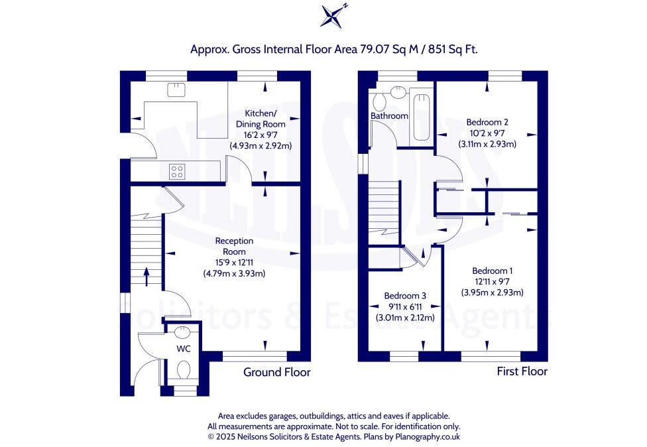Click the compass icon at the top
tap(333, 15)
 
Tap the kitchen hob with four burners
tap(177, 172)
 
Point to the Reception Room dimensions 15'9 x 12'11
tap(230, 262)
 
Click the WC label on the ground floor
tap(183, 348)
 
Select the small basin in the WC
tap(184, 332)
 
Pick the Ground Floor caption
tap(276, 372)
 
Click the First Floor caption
tap(522, 371)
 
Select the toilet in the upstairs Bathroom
tap(381, 101)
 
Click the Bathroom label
tap(389, 116)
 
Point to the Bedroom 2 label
tap(487, 122)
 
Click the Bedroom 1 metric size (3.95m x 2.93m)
tap(492, 292)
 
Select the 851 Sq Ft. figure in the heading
tap(452, 49)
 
